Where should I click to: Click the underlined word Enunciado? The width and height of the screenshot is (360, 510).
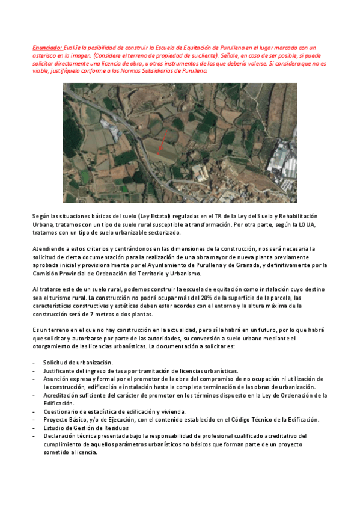46,47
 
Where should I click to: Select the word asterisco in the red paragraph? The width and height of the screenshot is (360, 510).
49,55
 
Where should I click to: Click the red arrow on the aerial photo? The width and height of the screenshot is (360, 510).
162,143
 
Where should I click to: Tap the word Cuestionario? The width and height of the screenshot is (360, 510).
61,411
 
